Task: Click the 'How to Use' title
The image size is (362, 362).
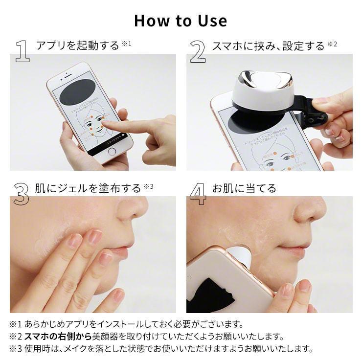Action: point(181,21)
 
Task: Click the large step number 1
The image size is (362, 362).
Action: point(22,51)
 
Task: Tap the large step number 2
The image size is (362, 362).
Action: point(198,51)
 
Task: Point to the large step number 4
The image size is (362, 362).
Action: point(198,194)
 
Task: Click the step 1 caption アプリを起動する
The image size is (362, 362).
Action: point(77,45)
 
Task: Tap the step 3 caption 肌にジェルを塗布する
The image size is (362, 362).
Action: point(88,188)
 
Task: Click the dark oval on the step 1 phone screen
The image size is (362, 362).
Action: point(77,92)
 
